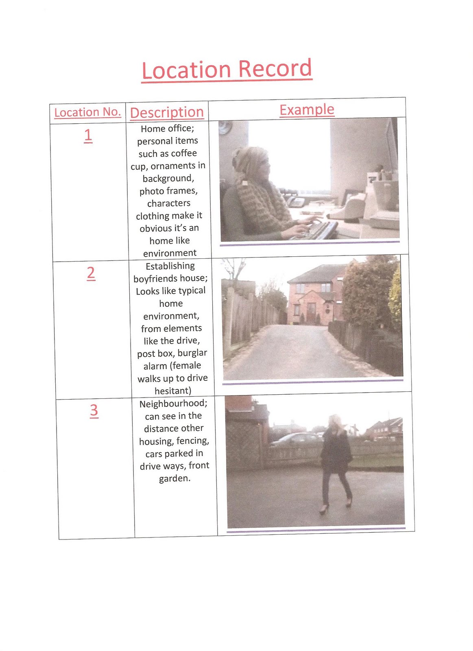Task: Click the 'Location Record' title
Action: [227, 70]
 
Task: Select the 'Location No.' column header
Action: [87, 112]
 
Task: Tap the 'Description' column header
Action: [167, 112]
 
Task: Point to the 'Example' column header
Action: [307, 110]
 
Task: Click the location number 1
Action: [88, 136]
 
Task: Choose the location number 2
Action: [91, 273]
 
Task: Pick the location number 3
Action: [94, 411]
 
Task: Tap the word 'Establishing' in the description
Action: [170, 266]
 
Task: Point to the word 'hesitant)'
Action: [173, 391]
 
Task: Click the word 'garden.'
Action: [174, 478]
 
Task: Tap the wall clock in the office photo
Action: [225, 128]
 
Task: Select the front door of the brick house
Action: [311, 313]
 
